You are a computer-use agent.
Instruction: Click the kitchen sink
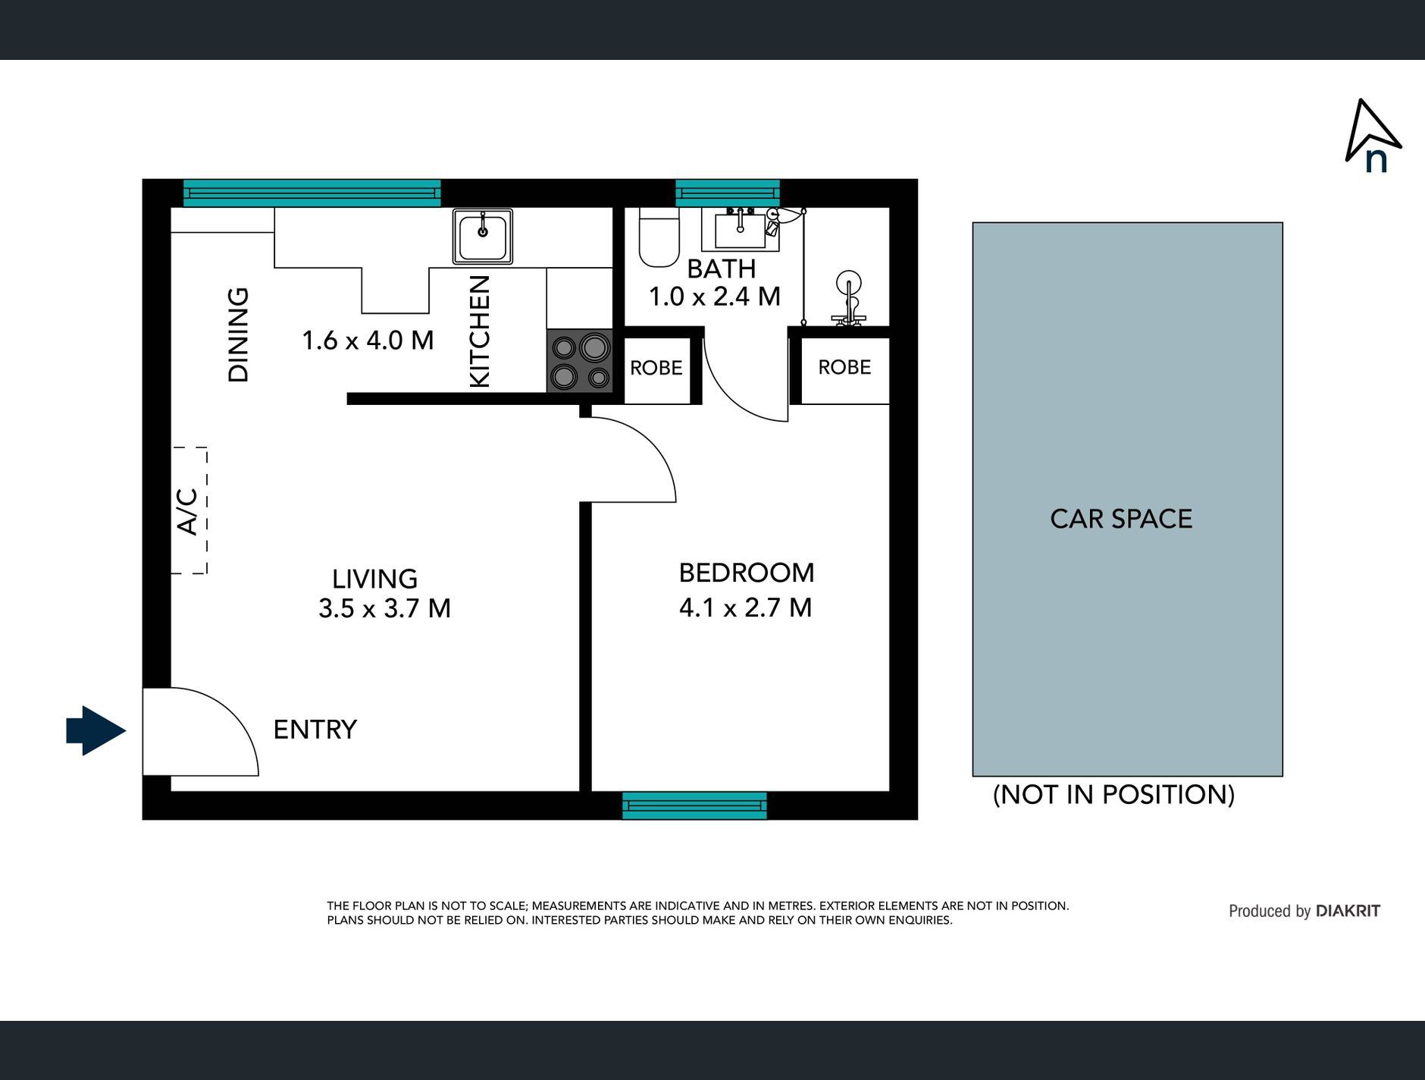point(483,237)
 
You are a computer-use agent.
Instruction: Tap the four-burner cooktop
point(580,361)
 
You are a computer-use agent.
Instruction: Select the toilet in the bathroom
point(659,237)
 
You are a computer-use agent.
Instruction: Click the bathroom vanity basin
point(740,229)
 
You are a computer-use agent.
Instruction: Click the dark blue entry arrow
point(96,730)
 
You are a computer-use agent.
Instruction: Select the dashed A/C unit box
point(189,510)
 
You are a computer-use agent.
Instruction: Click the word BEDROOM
point(747,573)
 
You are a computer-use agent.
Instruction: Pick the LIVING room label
point(374,579)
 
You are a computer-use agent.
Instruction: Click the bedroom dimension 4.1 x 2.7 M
point(746,607)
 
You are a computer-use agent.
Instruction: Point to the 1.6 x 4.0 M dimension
point(368,340)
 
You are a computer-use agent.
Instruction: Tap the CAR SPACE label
point(1121,519)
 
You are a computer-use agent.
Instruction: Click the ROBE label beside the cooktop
point(656,368)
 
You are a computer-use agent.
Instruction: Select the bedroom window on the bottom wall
point(694,805)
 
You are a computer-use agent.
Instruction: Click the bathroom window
point(728,193)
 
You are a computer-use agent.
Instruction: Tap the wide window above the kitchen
point(312,193)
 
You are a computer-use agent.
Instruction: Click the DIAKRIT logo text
point(1348,911)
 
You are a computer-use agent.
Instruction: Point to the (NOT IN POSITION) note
point(1113,795)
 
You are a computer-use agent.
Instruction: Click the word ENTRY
point(315,730)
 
